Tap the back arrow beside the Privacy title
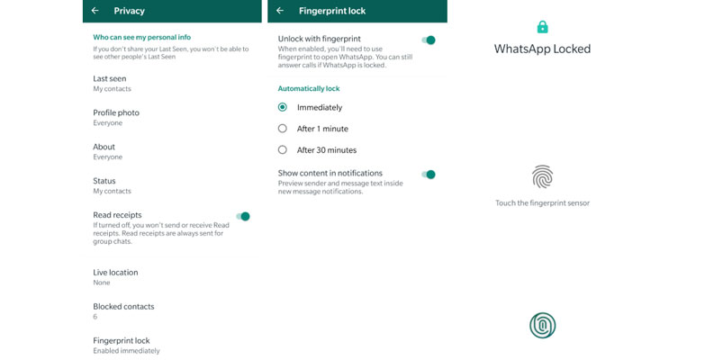pos(95,11)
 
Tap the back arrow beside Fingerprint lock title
pos(280,11)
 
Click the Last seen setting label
pos(109,78)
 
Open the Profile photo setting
pos(116,112)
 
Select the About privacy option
pos(104,147)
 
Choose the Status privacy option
pos(104,181)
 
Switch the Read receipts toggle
pos(243,216)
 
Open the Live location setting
pos(115,272)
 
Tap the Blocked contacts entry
pos(123,306)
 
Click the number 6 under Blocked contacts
pos(95,317)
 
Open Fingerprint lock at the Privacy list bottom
pos(121,340)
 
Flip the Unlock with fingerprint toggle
pos(429,40)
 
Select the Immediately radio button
pos(283,107)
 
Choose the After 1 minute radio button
pos(283,129)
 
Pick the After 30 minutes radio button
pos(283,150)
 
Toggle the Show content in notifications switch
pos(429,175)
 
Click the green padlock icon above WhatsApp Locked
pos(542,27)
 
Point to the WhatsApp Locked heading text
pos(542,49)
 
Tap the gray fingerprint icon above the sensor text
pos(542,175)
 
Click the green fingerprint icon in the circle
pos(542,326)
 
